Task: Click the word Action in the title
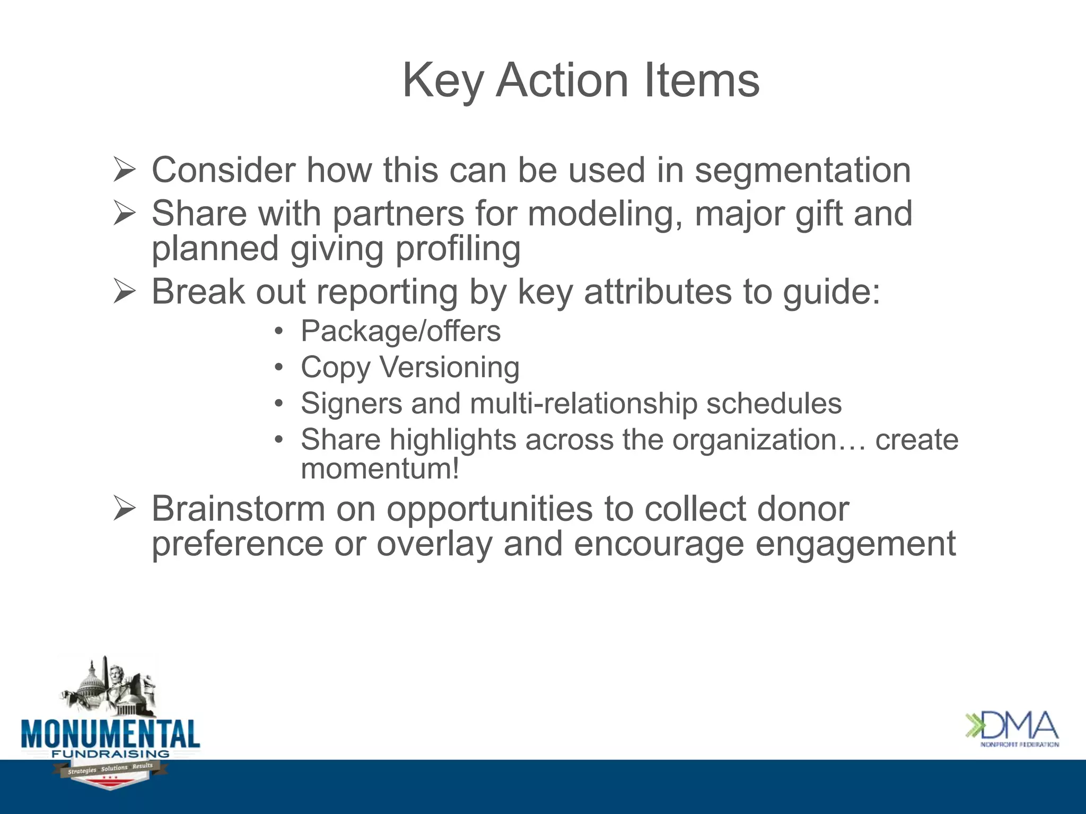point(562,81)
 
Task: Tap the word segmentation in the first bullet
point(802,171)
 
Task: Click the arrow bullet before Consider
point(125,170)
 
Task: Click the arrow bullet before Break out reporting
point(125,292)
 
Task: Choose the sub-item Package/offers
point(400,332)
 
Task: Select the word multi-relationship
point(583,404)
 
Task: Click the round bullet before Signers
point(279,404)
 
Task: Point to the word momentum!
point(380,469)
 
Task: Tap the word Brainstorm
point(238,509)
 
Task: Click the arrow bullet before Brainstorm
point(125,509)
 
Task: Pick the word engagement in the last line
point(855,545)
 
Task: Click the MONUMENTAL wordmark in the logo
point(110,734)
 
